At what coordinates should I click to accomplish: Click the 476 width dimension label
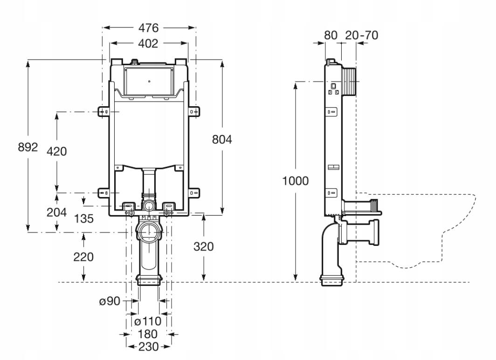(x=148, y=28)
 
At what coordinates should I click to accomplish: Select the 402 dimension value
(x=148, y=44)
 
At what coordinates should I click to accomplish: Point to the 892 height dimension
(x=28, y=147)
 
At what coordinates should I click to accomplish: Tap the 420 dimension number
(x=56, y=151)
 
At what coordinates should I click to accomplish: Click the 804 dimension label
(x=222, y=139)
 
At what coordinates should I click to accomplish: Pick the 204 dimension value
(x=56, y=212)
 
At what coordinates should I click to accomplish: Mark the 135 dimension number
(x=84, y=218)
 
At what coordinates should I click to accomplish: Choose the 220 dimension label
(x=83, y=257)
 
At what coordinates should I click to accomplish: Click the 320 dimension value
(x=204, y=246)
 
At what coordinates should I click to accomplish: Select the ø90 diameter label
(x=110, y=301)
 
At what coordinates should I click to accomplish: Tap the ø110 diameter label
(x=148, y=322)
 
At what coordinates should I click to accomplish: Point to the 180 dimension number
(x=148, y=334)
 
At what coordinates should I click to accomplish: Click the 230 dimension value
(x=148, y=346)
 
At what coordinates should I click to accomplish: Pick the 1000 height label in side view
(x=295, y=181)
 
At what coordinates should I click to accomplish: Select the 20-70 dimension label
(x=362, y=35)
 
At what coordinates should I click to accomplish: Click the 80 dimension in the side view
(x=331, y=35)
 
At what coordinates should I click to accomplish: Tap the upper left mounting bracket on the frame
(x=104, y=112)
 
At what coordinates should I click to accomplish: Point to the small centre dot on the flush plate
(x=149, y=81)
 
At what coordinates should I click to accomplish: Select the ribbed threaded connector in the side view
(x=349, y=82)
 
